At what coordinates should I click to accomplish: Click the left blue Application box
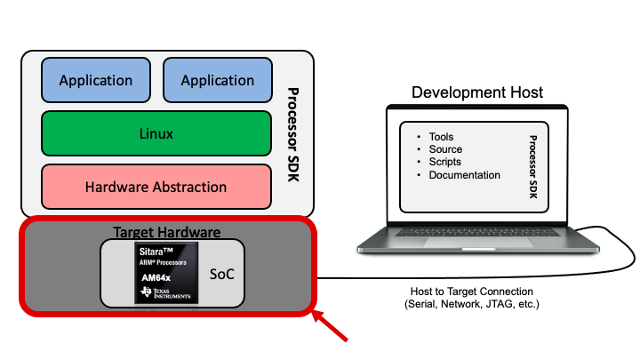click(x=96, y=81)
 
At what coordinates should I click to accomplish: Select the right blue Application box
click(x=218, y=81)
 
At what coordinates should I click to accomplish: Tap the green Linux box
click(x=156, y=134)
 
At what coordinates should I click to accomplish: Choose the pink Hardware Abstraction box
click(x=156, y=187)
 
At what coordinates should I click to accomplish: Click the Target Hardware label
click(x=166, y=232)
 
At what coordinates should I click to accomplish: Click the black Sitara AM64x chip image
click(x=166, y=274)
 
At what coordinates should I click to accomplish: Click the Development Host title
click(x=477, y=92)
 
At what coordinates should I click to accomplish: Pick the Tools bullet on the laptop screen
click(x=441, y=137)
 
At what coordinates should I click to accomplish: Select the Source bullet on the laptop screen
click(x=445, y=149)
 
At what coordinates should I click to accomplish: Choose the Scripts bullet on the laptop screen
click(x=445, y=162)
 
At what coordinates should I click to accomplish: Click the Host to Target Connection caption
click(x=471, y=292)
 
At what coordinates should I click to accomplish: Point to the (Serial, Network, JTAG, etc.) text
click(x=471, y=305)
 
